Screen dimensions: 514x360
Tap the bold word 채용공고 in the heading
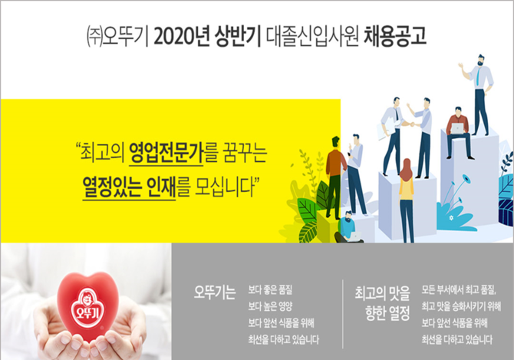[x=395, y=36]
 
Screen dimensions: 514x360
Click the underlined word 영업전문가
[x=166, y=153]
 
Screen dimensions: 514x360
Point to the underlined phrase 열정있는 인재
[x=129, y=187]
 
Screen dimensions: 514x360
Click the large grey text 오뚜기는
[x=215, y=292]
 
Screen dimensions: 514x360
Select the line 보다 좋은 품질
[x=270, y=290]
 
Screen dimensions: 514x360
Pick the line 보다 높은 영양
[x=270, y=306]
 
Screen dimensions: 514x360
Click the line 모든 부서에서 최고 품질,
[x=459, y=289]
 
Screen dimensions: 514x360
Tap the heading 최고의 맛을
[x=382, y=293]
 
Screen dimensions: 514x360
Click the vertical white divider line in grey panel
[x=343, y=314]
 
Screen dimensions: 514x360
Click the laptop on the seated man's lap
[x=457, y=128]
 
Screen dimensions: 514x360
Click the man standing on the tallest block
[x=479, y=95]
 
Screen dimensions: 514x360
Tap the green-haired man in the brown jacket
[x=335, y=178]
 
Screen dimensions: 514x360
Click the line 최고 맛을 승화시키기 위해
[x=461, y=306]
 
